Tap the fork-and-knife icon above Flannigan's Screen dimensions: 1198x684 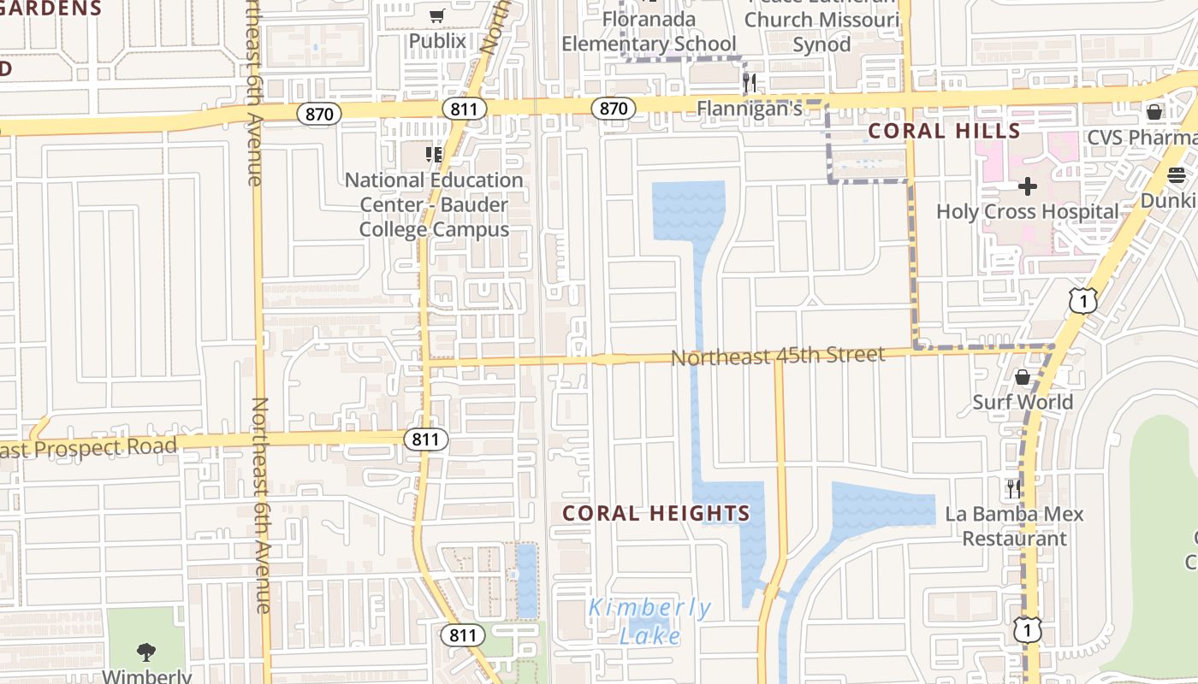750,82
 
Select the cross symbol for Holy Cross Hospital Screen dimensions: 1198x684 1028,186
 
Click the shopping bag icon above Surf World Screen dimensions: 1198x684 1022,377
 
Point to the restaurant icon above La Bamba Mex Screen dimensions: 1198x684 1013,488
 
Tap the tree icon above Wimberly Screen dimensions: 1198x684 146,652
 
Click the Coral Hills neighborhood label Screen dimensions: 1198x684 944,131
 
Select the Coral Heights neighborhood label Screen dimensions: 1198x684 656,513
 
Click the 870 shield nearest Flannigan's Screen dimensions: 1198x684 613,109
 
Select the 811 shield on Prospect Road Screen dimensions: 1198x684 425,439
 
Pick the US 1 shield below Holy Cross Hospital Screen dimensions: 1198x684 1082,300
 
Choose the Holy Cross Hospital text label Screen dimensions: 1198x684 1028,211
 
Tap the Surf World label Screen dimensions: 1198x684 1023,402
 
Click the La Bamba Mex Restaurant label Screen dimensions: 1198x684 1014,526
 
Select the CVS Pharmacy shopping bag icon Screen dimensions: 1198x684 1154,112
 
